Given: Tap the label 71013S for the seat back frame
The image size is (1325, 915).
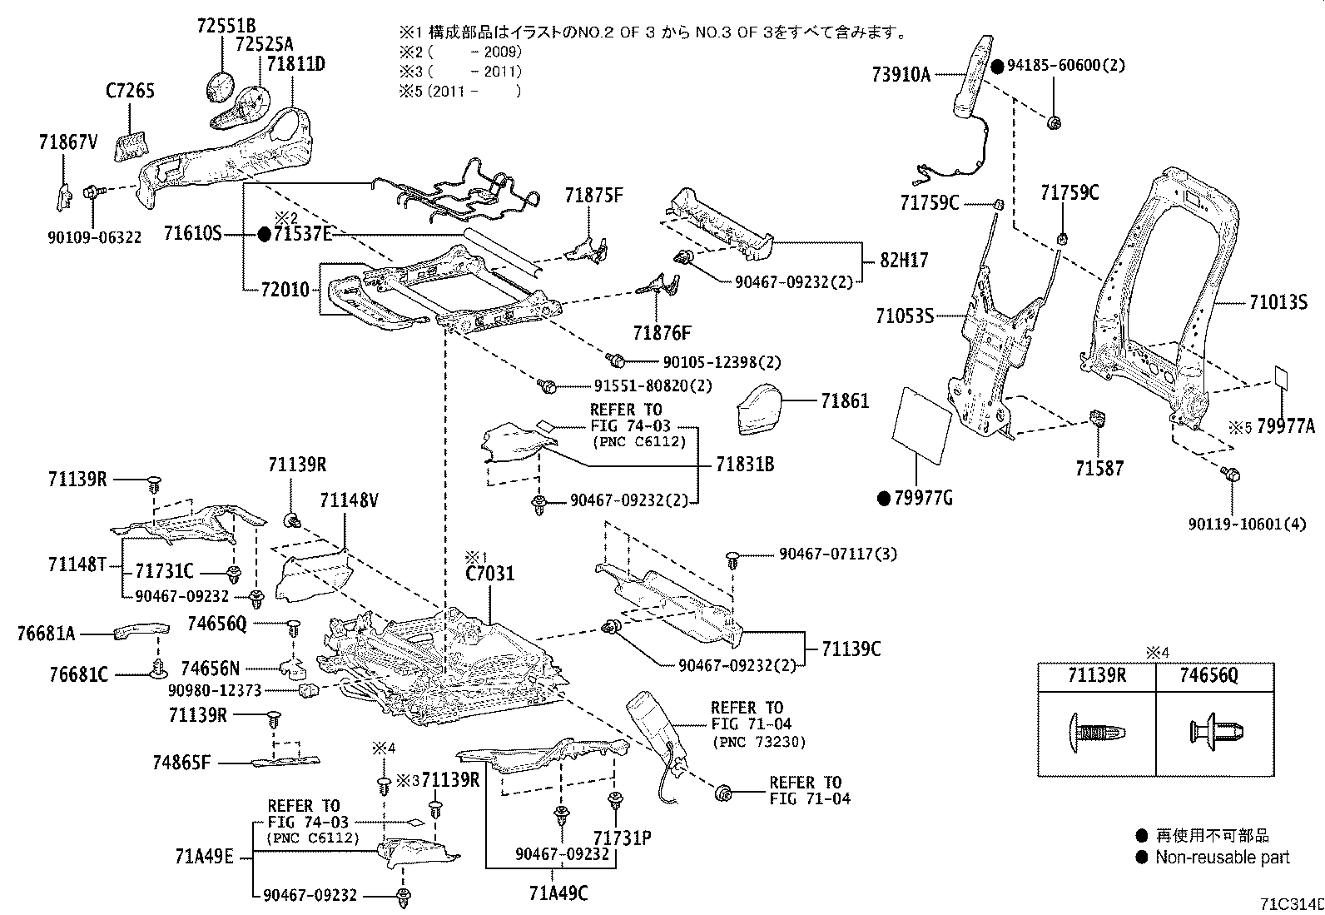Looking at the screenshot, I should coord(1278,303).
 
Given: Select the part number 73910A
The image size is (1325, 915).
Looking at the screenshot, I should coord(901,74).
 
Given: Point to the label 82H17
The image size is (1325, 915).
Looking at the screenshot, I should coord(904,261).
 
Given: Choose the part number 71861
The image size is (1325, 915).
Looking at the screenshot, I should coord(845,400).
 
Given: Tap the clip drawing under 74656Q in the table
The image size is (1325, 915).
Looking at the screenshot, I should coord(1214,733).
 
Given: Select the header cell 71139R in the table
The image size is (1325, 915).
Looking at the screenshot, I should coord(1097,675).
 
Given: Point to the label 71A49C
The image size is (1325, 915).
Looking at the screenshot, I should coord(558,893).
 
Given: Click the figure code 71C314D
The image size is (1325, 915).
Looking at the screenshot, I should coord(1289,903).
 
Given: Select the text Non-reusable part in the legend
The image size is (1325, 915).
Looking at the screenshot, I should coord(1222,857).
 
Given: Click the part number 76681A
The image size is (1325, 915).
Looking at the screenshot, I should coord(46,634).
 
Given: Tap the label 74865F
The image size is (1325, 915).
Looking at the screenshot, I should coord(181,763).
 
